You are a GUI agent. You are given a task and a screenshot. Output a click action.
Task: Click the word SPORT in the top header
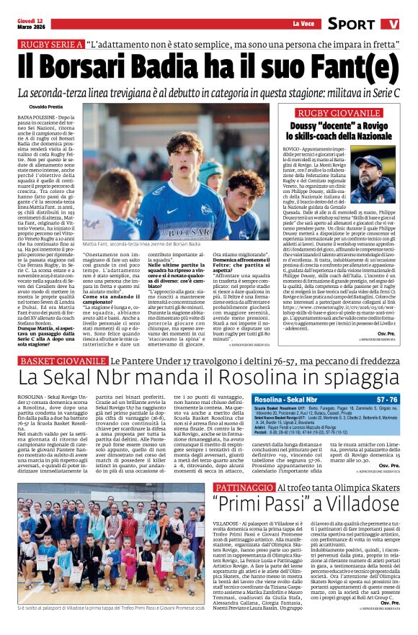351,24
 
